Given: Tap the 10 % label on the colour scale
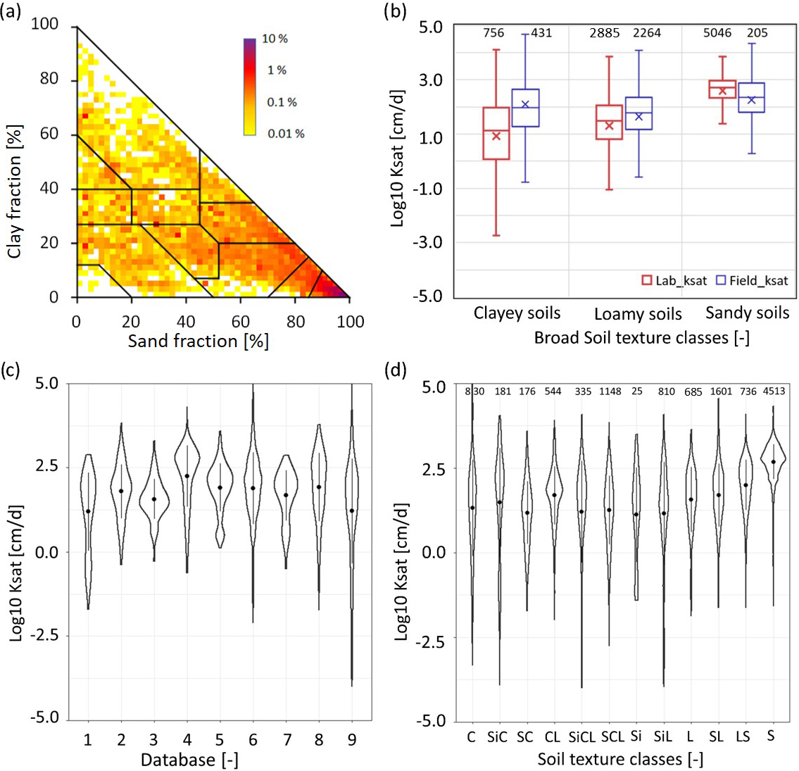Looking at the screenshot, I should click(275, 39).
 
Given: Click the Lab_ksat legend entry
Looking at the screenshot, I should click(674, 280).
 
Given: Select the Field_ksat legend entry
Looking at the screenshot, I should click(751, 280).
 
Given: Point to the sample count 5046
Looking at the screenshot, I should click(717, 33).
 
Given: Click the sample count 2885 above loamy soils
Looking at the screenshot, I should click(605, 33).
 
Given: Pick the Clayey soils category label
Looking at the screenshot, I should click(517, 313).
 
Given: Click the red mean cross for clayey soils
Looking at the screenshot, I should click(496, 136).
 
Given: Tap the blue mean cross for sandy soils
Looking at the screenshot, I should click(752, 100).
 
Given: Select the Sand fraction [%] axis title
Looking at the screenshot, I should click(198, 341).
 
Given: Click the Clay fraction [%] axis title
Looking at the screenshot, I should click(15, 192).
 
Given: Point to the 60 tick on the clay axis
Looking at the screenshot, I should click(49, 134).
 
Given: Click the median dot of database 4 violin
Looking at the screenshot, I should click(187, 476).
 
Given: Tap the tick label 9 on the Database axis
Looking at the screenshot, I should click(351, 739).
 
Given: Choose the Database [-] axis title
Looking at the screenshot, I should click(188, 760).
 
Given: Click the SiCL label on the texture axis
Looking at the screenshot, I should click(581, 737).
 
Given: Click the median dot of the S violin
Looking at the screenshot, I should click(773, 462).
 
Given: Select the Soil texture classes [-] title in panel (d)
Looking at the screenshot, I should click(620, 759).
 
